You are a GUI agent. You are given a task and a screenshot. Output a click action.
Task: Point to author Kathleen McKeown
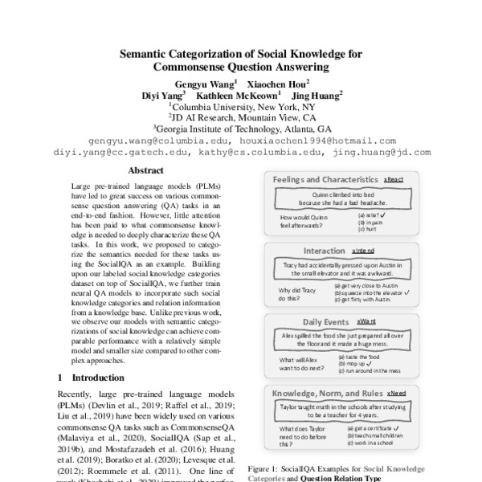(x=243, y=94)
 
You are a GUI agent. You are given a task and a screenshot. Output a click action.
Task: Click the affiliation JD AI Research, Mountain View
(x=241, y=116)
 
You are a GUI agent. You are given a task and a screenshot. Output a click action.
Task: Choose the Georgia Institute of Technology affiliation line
(x=241, y=128)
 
